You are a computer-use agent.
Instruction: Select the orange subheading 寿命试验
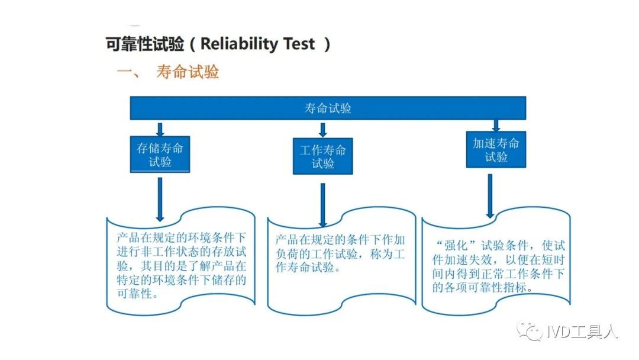[188, 72]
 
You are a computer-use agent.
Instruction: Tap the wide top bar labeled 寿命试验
[328, 108]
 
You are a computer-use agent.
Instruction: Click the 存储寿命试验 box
[160, 155]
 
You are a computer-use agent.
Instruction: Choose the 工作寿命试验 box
[323, 156]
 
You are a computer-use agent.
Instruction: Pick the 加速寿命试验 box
[496, 150]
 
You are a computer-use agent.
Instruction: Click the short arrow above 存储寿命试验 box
[160, 129]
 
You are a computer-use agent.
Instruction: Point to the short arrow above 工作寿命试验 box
[323, 130]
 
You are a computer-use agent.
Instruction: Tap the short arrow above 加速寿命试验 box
[496, 125]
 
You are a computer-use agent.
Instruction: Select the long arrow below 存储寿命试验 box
[160, 200]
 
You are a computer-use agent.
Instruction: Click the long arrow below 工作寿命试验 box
[323, 205]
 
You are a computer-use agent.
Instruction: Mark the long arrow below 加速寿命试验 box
[490, 196]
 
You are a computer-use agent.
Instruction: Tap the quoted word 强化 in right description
[456, 246]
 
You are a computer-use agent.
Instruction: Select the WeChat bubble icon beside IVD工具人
[530, 330]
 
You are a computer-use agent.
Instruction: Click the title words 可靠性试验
[145, 44]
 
